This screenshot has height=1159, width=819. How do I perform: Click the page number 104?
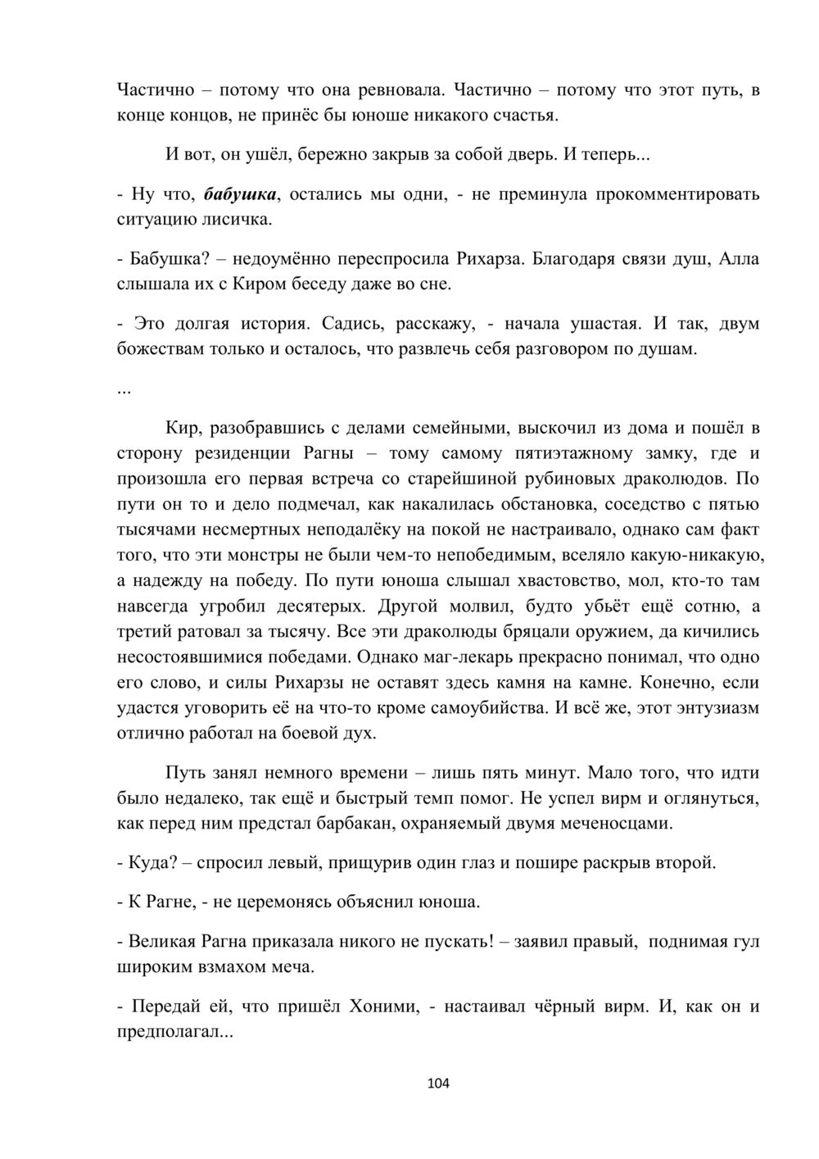(439, 1084)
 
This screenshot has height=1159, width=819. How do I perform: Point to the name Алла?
(739, 259)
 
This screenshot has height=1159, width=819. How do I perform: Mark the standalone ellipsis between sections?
(124, 389)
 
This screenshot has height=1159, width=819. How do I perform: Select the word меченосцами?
(612, 823)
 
